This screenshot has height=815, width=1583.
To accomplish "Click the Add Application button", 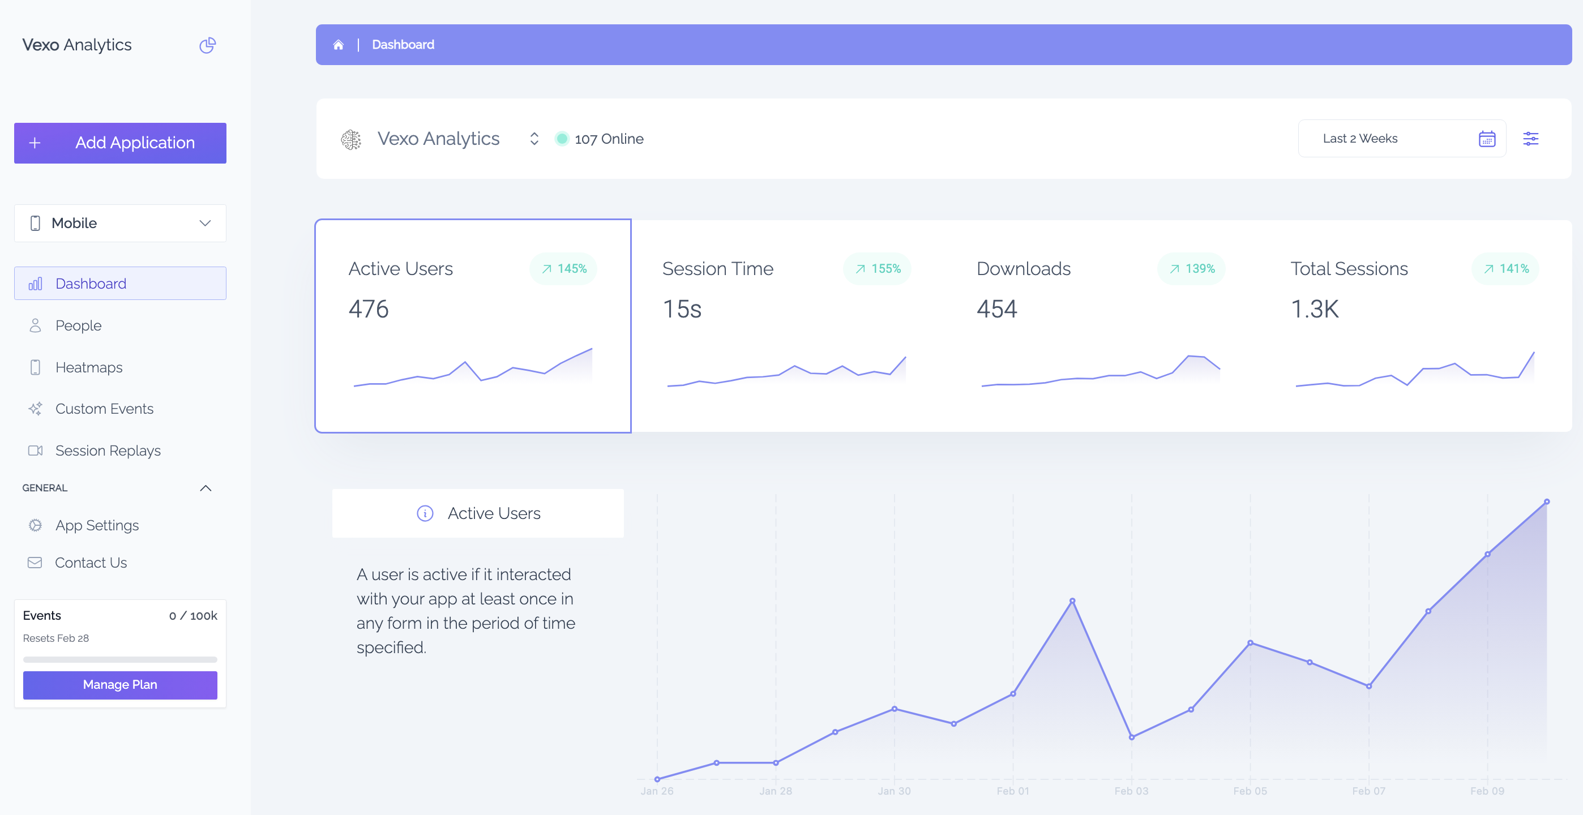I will coord(120,143).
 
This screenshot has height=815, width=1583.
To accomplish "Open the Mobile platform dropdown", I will coord(120,223).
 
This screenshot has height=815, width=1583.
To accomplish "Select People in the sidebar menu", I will coord(78,325).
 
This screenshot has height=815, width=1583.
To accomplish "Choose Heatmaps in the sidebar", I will coord(88,367).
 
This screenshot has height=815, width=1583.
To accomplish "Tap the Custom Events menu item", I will coord(104,409).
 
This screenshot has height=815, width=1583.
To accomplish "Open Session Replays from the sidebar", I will coord(108,451).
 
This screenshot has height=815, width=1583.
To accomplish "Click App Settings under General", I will coord(96,526).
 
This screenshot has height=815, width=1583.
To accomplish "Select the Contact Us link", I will coord(91,563).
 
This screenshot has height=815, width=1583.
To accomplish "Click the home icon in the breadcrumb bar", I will coord(338,45).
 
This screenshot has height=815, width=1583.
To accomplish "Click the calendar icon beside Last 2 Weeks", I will coord(1487,139).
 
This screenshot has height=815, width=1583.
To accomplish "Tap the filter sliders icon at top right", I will coord(1530,139).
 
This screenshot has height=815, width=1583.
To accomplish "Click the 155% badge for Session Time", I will coord(878,269).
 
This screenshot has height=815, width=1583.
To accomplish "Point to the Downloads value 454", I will coord(997,309).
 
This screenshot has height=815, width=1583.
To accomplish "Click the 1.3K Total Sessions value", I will coord(1315,309).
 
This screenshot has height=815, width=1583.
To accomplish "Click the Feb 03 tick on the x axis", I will coord(1131,791).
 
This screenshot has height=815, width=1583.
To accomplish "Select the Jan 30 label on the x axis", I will coord(894,791).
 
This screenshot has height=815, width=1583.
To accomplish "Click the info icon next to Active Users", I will coord(425,513).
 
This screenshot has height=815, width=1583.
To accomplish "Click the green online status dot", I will coord(562,139).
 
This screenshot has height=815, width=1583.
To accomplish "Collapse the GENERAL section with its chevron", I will coord(206,488).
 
